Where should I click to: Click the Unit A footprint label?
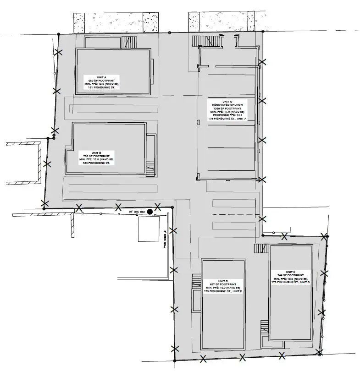coord(100,82)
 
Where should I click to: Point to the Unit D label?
coord(223,286)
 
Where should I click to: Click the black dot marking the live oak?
coord(150,212)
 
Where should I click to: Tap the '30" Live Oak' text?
coord(137,212)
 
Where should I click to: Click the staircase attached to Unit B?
coord(150,169)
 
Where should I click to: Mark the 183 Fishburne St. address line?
coord(96,163)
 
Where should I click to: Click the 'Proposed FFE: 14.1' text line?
coord(227,115)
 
